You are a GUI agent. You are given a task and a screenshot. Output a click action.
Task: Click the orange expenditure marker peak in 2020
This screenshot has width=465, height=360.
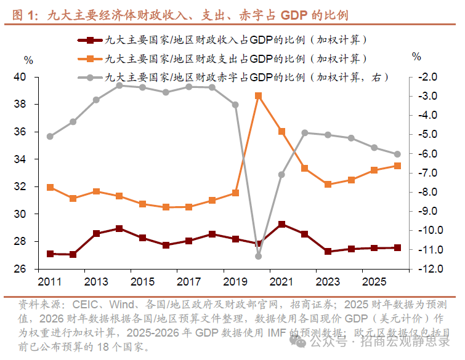[x=259, y=96]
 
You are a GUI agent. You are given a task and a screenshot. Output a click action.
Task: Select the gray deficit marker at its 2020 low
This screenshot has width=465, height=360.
[x=259, y=256]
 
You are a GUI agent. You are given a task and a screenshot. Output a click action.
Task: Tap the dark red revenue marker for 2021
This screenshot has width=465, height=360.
[x=281, y=225]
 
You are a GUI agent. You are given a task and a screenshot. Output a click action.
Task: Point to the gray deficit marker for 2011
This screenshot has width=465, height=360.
[x=50, y=137]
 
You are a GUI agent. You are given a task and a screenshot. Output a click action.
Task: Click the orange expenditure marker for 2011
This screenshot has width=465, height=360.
[x=50, y=187]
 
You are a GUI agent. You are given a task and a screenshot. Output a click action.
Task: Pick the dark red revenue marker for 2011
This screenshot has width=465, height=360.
[x=50, y=254]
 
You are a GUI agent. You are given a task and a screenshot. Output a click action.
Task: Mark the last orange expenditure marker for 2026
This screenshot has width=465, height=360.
[x=397, y=166]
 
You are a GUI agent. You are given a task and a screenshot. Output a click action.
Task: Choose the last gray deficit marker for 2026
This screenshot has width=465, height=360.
[x=397, y=154]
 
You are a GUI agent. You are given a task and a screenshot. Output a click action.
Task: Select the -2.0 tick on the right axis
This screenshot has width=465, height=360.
[x=427, y=78]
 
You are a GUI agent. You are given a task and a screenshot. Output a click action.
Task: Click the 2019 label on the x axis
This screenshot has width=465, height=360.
[x=235, y=282]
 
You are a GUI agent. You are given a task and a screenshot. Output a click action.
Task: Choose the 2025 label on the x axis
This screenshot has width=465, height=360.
[x=374, y=282]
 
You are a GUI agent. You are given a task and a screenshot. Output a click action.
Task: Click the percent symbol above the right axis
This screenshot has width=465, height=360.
[x=416, y=57]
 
